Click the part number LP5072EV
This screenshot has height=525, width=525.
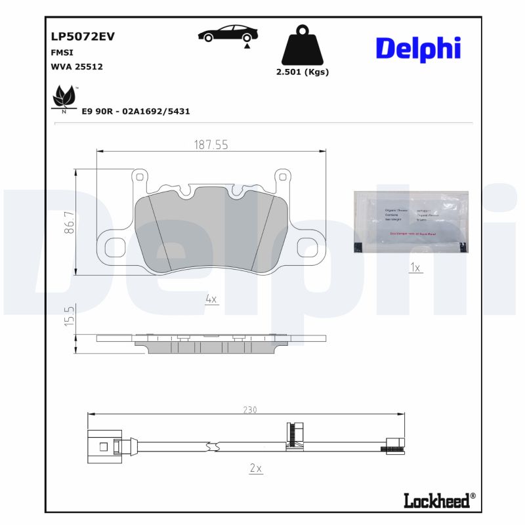point(82,37)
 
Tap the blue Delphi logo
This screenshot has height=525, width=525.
point(418,48)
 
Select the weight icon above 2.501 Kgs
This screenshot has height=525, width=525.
point(302,45)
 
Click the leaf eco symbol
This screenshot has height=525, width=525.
point(64,99)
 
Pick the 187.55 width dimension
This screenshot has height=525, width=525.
point(211,145)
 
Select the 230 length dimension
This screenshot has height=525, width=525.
point(249,409)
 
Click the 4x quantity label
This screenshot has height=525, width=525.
point(211,299)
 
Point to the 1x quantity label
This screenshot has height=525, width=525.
point(414,267)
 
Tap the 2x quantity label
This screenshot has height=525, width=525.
point(256,468)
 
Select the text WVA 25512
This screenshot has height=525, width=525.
point(76,66)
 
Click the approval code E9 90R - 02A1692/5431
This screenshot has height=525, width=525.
point(135,112)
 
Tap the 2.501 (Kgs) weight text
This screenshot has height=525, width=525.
point(303,72)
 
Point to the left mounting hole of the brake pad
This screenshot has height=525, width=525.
point(110,247)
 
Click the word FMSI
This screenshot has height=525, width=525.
point(62,52)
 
